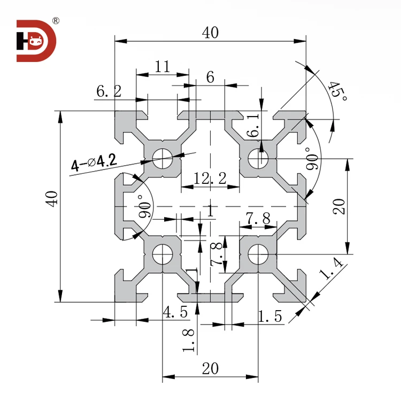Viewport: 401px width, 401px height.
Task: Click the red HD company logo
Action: [x=36, y=41]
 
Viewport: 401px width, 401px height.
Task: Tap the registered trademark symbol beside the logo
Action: [x=56, y=21]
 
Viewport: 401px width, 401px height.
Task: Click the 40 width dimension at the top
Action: [x=210, y=33]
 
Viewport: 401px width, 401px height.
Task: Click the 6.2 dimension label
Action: [x=109, y=91]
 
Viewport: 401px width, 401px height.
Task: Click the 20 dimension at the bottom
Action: [x=210, y=368]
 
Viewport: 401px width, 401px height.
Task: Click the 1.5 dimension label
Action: [x=269, y=316]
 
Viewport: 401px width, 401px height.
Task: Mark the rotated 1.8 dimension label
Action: [x=188, y=341]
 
